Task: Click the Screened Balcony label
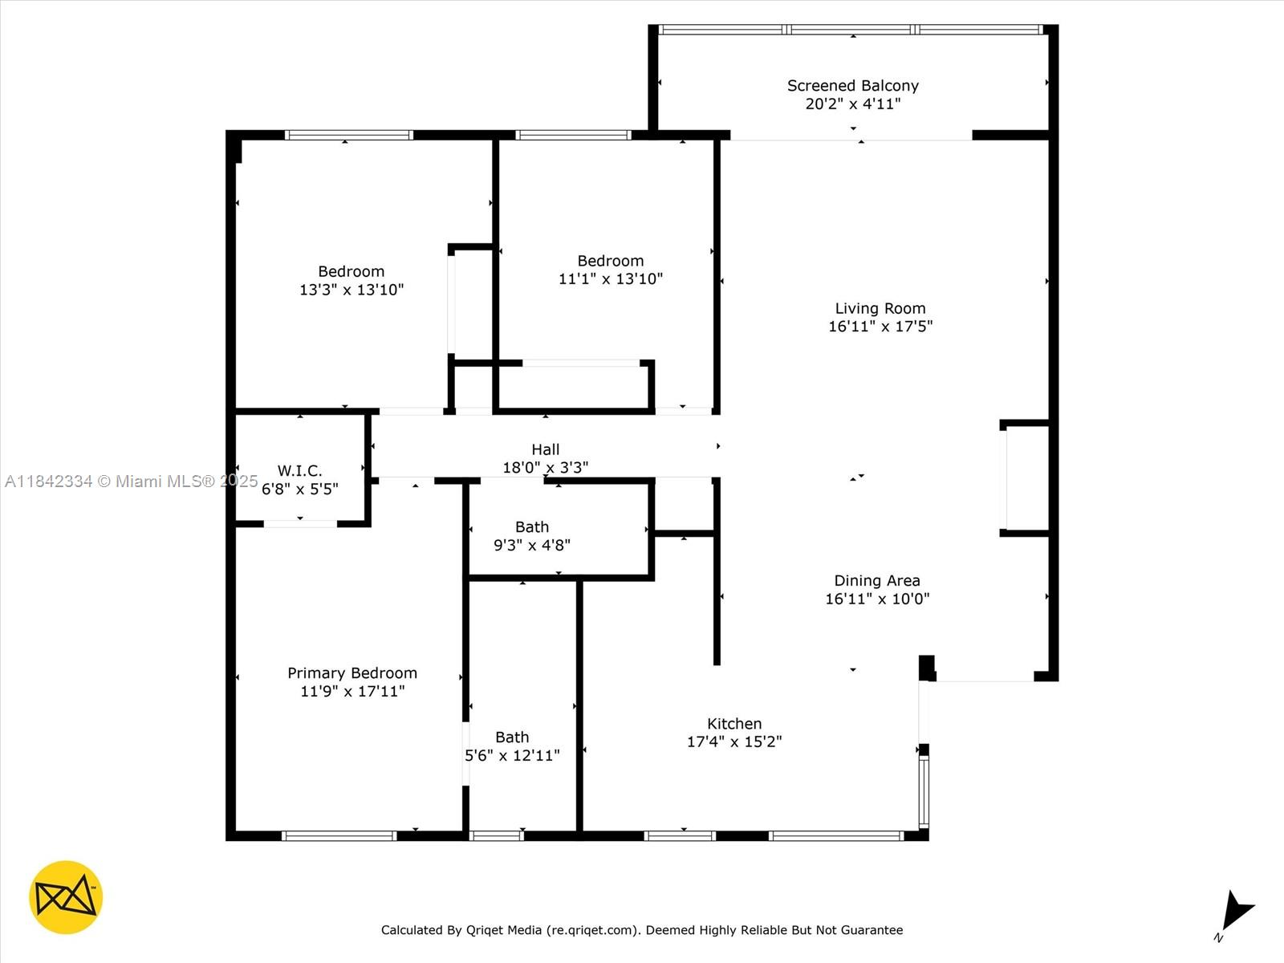click(852, 85)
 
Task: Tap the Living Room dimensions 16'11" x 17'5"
click(880, 327)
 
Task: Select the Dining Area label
click(876, 580)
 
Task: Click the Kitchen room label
click(733, 723)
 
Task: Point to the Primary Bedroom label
click(352, 672)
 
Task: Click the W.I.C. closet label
click(299, 470)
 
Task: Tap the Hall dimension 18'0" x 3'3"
click(545, 467)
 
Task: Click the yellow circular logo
click(66, 897)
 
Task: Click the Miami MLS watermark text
click(131, 481)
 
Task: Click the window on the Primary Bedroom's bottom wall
click(339, 835)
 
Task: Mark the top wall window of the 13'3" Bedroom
click(349, 135)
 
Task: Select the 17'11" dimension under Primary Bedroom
click(380, 691)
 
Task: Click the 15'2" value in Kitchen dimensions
click(762, 742)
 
